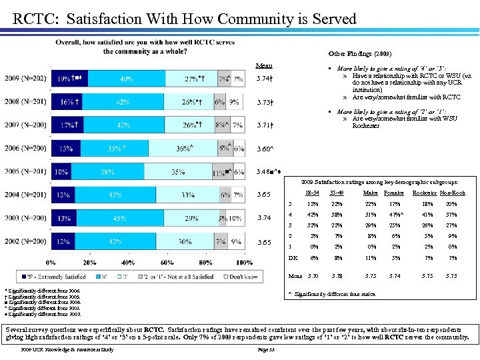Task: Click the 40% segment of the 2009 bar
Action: pyautogui.click(x=127, y=79)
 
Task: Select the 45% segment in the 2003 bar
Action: pyautogui.click(x=121, y=218)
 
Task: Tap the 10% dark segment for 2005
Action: pyautogui.click(x=61, y=171)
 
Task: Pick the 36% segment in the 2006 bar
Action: pyautogui.click(x=183, y=149)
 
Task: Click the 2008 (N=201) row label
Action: pyautogui.click(x=25, y=103)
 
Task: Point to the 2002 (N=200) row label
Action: pyautogui.click(x=25, y=242)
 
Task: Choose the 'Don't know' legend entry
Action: pyautogui.click(x=227, y=276)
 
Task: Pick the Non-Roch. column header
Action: pyautogui.click(x=453, y=193)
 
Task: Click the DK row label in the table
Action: pyautogui.click(x=291, y=258)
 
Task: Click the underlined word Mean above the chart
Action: pyautogui.click(x=264, y=65)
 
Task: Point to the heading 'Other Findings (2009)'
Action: pyautogui.click(x=360, y=53)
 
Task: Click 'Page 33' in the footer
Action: pyautogui.click(x=267, y=349)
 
